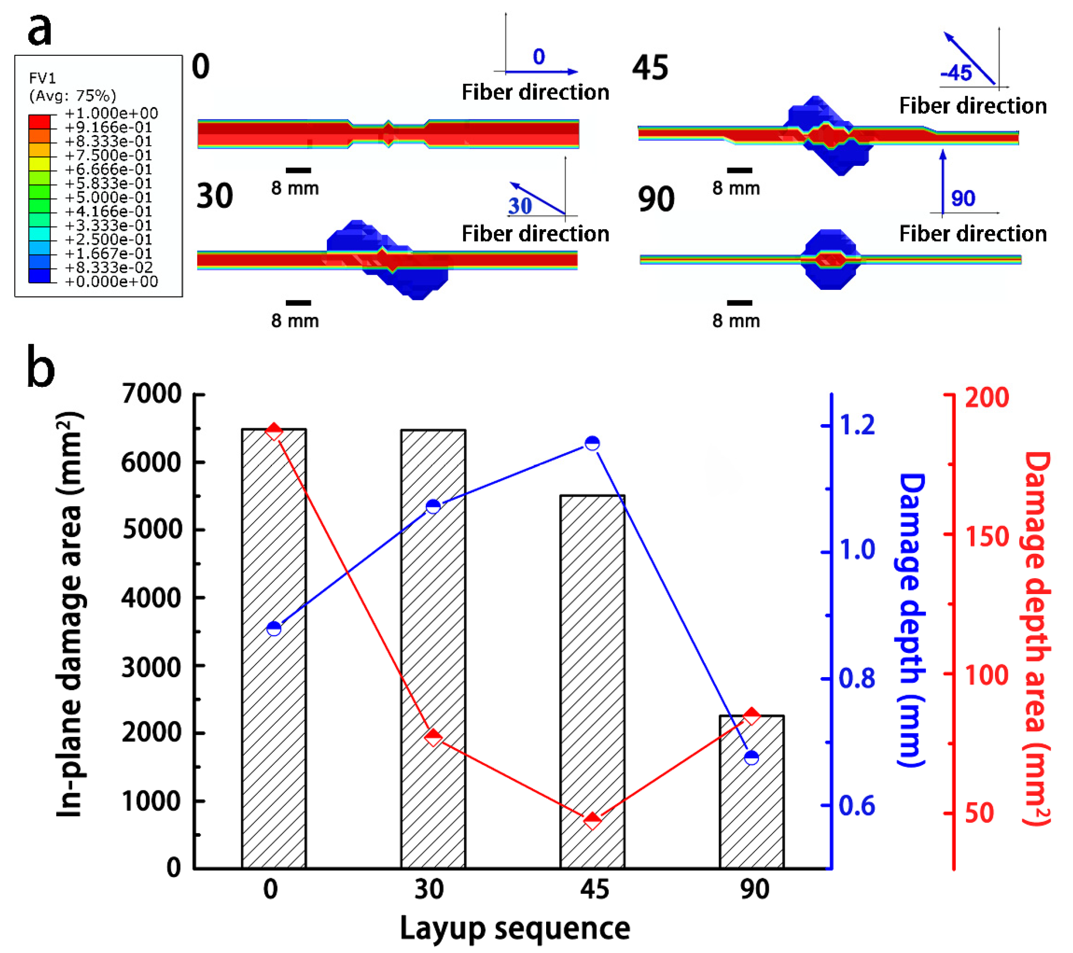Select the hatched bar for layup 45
point(592,682)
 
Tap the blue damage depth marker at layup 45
point(592,443)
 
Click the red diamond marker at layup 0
point(274,432)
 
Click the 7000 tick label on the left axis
point(151,394)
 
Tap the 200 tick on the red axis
point(987,397)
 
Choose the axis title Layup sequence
point(515,928)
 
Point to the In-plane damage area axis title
point(70,614)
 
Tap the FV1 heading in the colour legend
point(42,78)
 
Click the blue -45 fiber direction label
point(956,72)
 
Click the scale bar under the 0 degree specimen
point(298,170)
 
